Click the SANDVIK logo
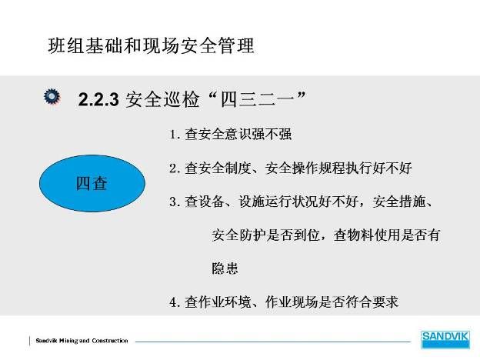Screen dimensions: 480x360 click(x=445, y=339)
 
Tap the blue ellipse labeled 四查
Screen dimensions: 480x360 click(x=92, y=183)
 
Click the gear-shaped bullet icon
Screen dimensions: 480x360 click(x=52, y=96)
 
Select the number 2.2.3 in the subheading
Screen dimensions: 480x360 click(x=98, y=99)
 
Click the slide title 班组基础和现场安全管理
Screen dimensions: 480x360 click(x=152, y=45)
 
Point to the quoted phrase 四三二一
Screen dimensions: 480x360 click(x=258, y=99)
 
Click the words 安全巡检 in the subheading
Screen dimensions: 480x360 click(x=162, y=99)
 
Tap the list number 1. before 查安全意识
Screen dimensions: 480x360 click(x=175, y=135)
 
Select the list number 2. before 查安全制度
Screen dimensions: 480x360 click(x=175, y=168)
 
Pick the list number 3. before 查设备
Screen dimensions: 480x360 click(x=175, y=202)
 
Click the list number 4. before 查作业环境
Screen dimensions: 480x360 click(x=175, y=302)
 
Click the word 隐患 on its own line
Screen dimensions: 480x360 click(x=225, y=268)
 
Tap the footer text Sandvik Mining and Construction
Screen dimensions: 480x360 click(x=82, y=341)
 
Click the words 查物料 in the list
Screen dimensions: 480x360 click(x=353, y=235)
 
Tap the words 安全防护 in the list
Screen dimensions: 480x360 click(x=238, y=235)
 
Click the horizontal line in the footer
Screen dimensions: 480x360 click(x=273, y=342)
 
